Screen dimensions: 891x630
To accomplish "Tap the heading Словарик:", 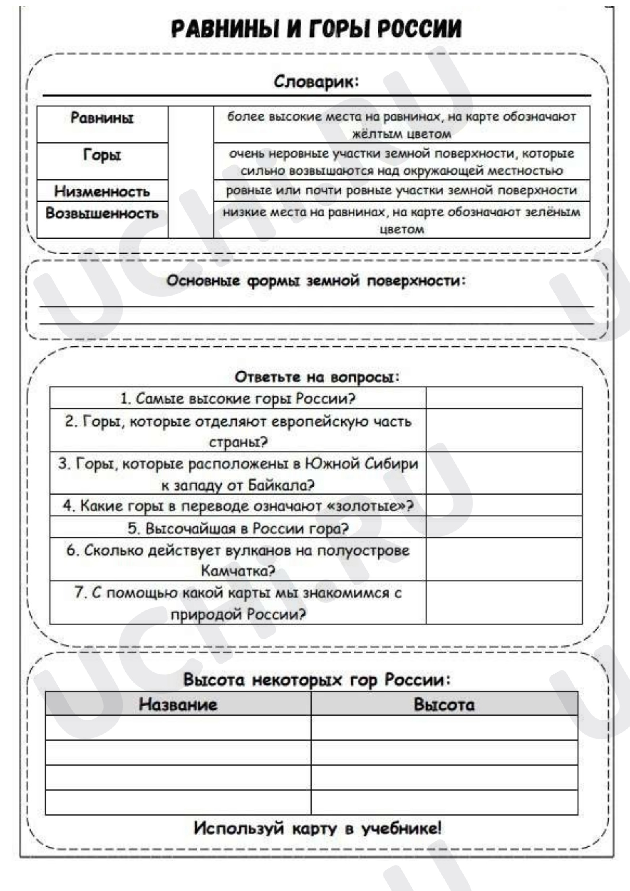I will coord(316,82).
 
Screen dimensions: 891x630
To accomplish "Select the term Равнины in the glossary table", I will coord(102,118).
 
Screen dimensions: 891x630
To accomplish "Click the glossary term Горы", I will coord(102,155).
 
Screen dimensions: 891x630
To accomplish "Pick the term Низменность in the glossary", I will coord(102,191).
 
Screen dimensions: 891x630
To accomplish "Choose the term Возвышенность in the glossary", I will coord(102,214).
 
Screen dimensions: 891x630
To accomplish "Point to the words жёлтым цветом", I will coord(401,134).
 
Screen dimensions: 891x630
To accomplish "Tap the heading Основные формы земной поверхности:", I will coord(316,281).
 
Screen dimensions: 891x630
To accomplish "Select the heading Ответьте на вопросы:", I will coord(316,377).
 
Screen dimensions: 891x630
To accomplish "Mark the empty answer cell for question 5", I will coord(503,527).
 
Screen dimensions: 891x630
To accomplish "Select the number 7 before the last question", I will coord(79,593).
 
